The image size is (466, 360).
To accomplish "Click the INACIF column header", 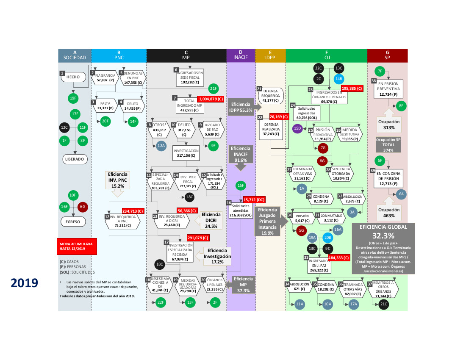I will click(240, 55).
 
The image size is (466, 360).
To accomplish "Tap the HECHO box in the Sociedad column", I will click(73, 77).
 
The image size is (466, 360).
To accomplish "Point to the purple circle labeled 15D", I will click(298, 127).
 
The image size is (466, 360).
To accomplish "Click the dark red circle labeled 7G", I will click(323, 148).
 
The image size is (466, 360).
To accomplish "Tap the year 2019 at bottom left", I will click(25, 282).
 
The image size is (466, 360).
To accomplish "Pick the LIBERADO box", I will click(75, 159).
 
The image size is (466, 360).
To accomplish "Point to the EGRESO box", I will click(73, 221).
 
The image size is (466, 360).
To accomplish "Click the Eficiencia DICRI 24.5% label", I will click(211, 220).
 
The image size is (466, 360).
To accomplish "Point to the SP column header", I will click(387, 55).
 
